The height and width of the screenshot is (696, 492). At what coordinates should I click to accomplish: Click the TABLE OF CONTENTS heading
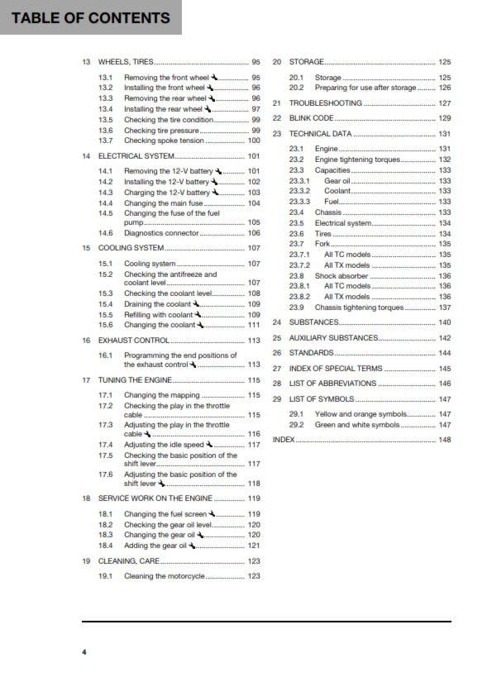(x=90, y=18)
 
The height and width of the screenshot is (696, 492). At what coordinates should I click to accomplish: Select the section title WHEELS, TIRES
(x=126, y=62)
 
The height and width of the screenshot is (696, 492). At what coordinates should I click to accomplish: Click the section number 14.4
(x=105, y=203)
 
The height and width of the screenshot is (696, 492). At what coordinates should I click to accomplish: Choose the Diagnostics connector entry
(x=161, y=233)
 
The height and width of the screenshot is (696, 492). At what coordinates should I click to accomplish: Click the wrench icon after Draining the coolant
(x=196, y=303)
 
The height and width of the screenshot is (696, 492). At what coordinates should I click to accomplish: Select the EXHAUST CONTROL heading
(x=134, y=340)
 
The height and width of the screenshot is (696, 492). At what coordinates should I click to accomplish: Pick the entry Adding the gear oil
(x=155, y=546)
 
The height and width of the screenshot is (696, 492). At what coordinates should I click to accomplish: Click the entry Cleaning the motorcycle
(x=164, y=576)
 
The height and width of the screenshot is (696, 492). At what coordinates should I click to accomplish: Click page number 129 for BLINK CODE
(x=444, y=118)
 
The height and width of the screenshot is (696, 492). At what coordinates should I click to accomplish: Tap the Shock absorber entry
(x=342, y=276)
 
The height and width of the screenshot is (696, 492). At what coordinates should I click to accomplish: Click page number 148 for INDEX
(x=444, y=440)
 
